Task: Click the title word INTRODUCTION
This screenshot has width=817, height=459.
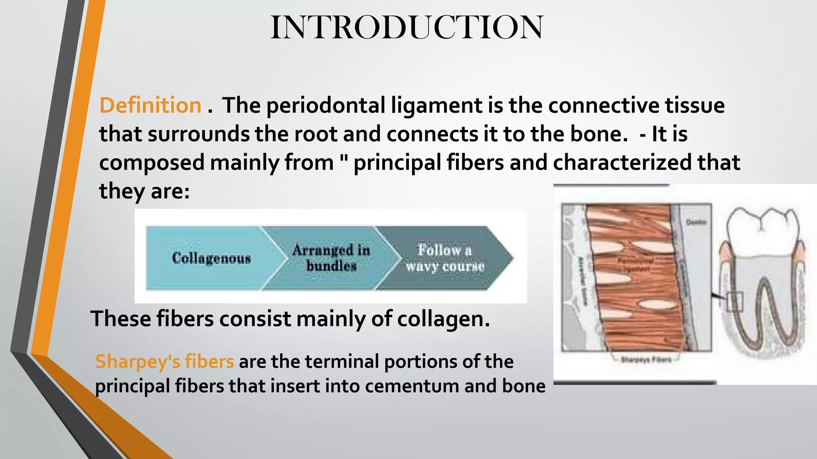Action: (407, 27)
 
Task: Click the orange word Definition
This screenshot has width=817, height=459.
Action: (150, 106)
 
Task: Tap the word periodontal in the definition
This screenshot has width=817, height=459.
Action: (326, 106)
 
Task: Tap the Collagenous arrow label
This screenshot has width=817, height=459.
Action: (211, 258)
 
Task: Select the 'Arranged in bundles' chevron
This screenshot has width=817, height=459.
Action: (331, 258)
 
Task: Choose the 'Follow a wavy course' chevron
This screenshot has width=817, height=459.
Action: (444, 258)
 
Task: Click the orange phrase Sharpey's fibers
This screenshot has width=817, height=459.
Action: (164, 361)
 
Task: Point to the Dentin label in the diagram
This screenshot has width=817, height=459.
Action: (696, 222)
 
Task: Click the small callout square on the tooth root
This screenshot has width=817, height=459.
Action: (734, 302)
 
